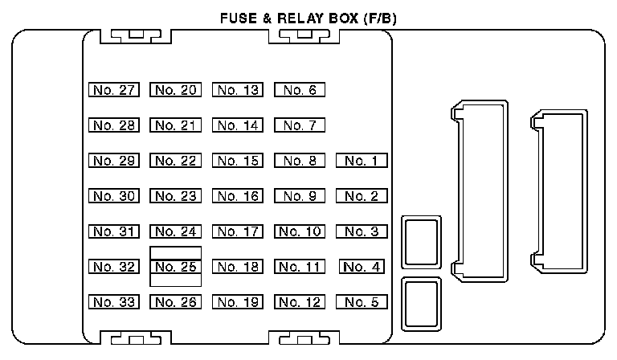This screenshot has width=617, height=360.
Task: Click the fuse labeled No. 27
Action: click(113, 90)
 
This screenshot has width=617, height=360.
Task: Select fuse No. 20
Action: click(176, 90)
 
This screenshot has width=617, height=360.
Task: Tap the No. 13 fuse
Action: click(238, 90)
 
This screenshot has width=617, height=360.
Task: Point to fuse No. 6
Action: click(300, 90)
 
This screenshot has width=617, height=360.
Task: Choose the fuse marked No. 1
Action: click(362, 161)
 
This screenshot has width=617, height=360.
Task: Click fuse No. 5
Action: click(362, 302)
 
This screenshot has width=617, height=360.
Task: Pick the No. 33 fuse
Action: click(113, 302)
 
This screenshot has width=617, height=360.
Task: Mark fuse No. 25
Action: click(176, 267)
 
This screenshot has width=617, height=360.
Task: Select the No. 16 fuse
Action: click(238, 196)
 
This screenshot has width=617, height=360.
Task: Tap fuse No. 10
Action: click(300, 231)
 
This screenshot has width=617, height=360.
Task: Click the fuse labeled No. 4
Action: click(362, 267)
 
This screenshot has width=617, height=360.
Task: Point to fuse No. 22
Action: click(176, 161)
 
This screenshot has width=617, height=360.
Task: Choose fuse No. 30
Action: click(113, 196)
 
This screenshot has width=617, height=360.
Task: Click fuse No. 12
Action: click(300, 302)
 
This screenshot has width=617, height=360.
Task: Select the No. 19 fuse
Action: click(238, 302)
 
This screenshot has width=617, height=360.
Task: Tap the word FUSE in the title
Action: click(239, 17)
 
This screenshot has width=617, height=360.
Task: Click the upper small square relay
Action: click(422, 242)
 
